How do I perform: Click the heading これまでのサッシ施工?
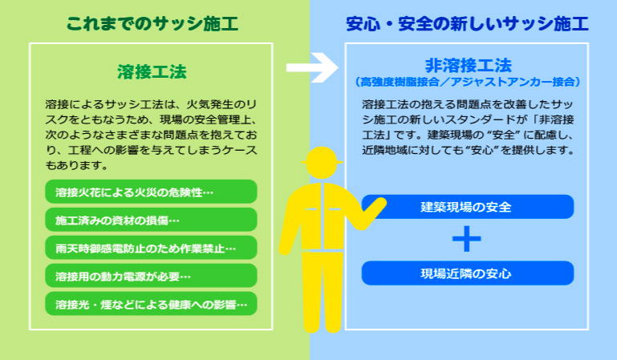coord(152,23)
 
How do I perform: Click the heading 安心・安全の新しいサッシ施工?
coord(467,23)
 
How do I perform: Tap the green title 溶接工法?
coord(152,72)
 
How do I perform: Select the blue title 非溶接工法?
coord(469,65)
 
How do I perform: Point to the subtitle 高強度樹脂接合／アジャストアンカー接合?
coord(468,82)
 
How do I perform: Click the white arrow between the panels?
coord(312,67)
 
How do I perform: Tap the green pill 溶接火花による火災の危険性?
coord(151,192)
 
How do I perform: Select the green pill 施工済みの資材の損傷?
coord(151,220)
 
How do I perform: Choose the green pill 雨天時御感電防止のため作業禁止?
coord(151,248)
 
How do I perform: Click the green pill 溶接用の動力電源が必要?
coord(151,276)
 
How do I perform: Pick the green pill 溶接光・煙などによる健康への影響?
coord(151,304)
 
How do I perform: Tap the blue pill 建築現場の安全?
coord(468,207)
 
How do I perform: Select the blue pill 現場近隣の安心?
coord(468,273)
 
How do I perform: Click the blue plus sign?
coord(467,239)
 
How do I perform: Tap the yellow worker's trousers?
coord(322,292)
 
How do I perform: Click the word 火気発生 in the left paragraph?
coord(209,104)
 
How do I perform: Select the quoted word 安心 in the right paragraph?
coord(482,150)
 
